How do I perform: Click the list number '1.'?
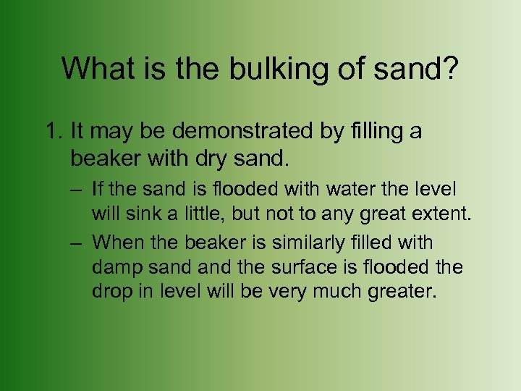click(x=54, y=133)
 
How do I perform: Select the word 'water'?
click(x=350, y=190)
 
